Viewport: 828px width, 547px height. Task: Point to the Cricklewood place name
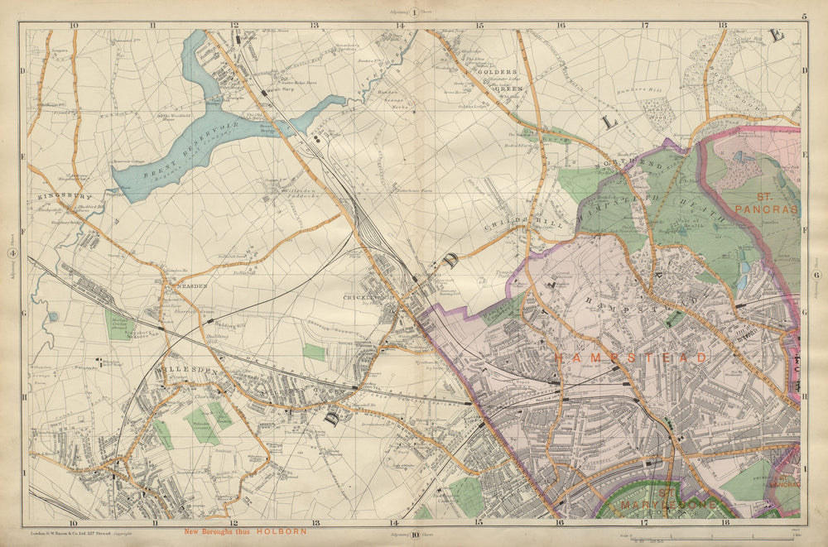pyautogui.click(x=368, y=297)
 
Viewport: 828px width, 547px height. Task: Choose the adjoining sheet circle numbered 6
pyautogui.click(x=816, y=275)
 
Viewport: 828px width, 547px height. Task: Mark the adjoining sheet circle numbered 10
pyautogui.click(x=414, y=535)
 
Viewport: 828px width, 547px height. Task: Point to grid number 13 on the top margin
pyautogui.click(x=315, y=26)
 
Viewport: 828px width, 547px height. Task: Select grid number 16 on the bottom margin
pyautogui.click(x=560, y=523)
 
